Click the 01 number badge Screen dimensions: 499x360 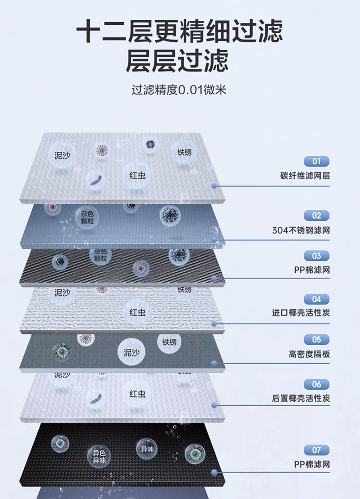click(x=316, y=161)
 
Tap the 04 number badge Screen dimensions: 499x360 click(x=316, y=299)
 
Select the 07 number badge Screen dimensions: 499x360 click(x=316, y=450)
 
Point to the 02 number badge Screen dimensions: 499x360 click(x=316, y=216)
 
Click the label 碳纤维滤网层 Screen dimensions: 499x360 click(x=305, y=176)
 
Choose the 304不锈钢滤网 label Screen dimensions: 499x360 click(x=301, y=230)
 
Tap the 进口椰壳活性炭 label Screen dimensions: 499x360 click(x=301, y=313)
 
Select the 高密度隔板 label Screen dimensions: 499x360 click(x=309, y=354)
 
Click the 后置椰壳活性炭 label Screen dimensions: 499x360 click(x=301, y=398)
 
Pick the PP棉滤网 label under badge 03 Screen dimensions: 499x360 click(x=312, y=270)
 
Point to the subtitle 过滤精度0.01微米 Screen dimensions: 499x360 click(x=179, y=90)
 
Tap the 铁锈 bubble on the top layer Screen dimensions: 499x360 click(x=184, y=152)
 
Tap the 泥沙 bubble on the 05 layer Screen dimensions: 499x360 click(x=131, y=352)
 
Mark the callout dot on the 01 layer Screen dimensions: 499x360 click(x=213, y=186)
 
